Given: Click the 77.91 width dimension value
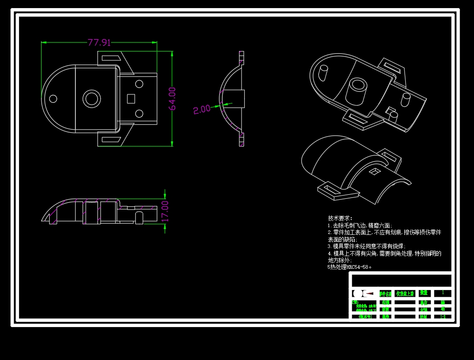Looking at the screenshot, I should pyautogui.click(x=99, y=42).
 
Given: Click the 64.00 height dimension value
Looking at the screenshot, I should pyautogui.click(x=172, y=98).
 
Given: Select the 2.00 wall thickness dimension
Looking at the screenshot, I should pyautogui.click(x=201, y=109).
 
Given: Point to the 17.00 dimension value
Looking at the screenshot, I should pyautogui.click(x=165, y=210).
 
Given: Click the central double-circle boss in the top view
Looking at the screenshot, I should pyautogui.click(x=92, y=98).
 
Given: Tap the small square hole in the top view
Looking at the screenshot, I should pyautogui.click(x=131, y=98).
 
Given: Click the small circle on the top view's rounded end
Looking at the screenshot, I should pyautogui.click(x=53, y=98).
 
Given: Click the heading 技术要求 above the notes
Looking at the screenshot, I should pyautogui.click(x=340, y=218).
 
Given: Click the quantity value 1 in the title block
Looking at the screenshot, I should pyautogui.click(x=442, y=293).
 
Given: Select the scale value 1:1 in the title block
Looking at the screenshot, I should pyautogui.click(x=442, y=317).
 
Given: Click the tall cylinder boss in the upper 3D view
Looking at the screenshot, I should pyautogui.click(x=359, y=90).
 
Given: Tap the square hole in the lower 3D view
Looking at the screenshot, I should pyautogui.click(x=374, y=171).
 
